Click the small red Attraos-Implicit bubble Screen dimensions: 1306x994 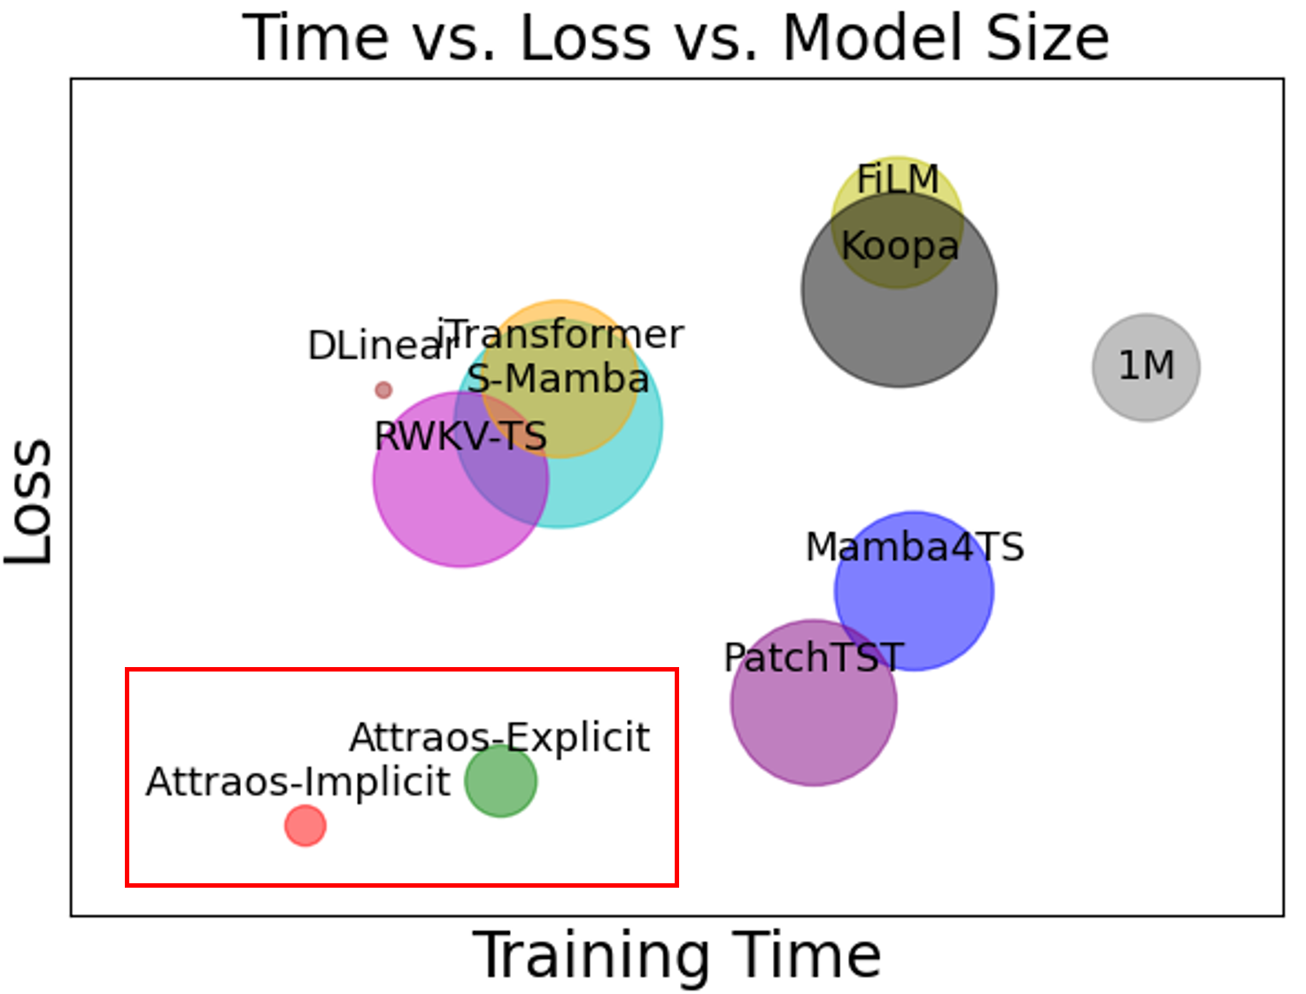pyautogui.click(x=305, y=826)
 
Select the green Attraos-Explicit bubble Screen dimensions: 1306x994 pyautogui.click(x=501, y=780)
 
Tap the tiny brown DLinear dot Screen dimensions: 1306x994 pyautogui.click(x=383, y=390)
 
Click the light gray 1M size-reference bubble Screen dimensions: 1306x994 pyautogui.click(x=1146, y=368)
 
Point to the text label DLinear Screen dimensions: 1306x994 pyautogui.click(x=382, y=346)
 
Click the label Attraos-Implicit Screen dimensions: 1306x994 pyautogui.click(x=298, y=781)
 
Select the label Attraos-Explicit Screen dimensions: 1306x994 pyautogui.click(x=499, y=738)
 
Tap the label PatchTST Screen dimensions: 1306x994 pyautogui.click(x=814, y=657)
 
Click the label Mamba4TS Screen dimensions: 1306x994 pyautogui.click(x=916, y=547)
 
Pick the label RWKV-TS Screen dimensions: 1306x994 pyautogui.click(x=460, y=436)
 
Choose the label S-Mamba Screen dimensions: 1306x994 pyautogui.click(x=558, y=378)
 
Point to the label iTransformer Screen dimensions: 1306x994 pyautogui.click(x=560, y=335)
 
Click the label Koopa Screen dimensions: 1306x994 pyautogui.click(x=900, y=246)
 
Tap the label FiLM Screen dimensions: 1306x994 pyautogui.click(x=898, y=179)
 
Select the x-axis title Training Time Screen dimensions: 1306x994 pyautogui.click(x=676, y=955)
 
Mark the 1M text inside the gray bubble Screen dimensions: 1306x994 pyautogui.click(x=1147, y=366)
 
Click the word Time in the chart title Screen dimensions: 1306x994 pyautogui.click(x=315, y=37)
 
